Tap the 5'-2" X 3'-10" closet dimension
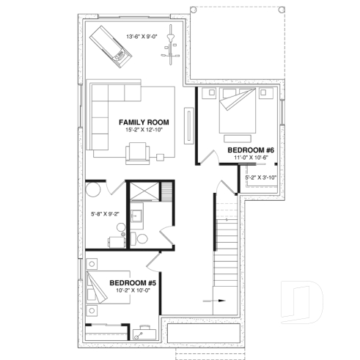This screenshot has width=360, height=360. click(260, 177)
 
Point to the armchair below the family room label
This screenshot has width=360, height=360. click(138, 151)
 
